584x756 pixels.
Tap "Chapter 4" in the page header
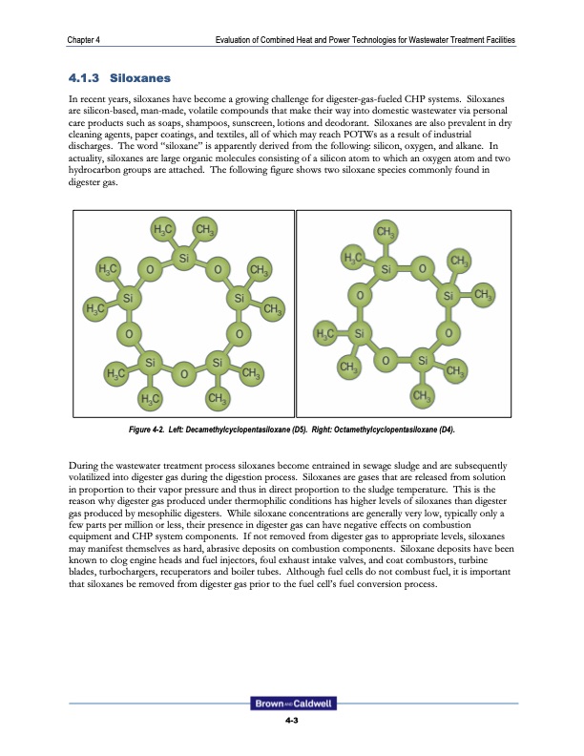[x=86, y=39]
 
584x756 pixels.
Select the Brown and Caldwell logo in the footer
[x=292, y=703]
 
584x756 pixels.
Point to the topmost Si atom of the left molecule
[x=183, y=257]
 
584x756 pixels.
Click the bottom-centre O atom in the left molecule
[x=183, y=373]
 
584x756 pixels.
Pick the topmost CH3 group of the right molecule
[x=386, y=232]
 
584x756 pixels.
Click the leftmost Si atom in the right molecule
[x=360, y=334]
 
